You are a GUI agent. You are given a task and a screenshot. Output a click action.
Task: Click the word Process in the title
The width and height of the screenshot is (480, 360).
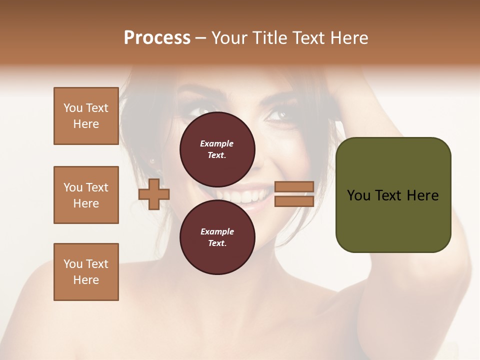[157, 38]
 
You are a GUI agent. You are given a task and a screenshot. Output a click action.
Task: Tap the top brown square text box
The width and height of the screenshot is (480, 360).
[86, 116]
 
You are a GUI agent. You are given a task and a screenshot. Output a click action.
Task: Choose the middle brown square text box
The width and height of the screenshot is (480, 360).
[86, 195]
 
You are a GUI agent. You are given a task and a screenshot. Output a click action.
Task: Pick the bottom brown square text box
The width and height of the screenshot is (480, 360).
[86, 272]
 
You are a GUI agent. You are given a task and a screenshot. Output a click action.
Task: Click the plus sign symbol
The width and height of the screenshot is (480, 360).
[154, 194]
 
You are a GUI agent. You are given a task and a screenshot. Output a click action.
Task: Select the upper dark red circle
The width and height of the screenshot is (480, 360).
[217, 149]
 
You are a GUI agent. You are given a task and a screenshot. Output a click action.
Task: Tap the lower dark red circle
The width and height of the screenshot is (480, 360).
[217, 237]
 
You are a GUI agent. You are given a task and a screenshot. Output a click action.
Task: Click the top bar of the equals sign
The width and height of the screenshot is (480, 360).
[294, 186]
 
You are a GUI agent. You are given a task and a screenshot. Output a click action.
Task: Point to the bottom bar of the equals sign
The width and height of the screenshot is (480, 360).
[294, 201]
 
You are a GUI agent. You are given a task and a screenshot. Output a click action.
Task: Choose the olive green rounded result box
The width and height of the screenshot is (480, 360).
[393, 195]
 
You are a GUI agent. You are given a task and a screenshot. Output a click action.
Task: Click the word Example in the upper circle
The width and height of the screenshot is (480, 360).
[217, 144]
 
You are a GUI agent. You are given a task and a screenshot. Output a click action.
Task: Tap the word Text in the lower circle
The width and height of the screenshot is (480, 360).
[217, 243]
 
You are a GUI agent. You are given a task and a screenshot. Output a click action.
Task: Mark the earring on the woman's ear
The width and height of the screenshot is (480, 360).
[152, 161]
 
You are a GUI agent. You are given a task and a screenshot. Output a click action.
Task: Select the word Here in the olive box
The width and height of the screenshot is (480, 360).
[422, 195]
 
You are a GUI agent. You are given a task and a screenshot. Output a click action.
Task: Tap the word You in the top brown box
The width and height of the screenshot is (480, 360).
[72, 108]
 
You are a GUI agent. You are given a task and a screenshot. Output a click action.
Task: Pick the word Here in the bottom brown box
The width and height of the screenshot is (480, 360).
[86, 280]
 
